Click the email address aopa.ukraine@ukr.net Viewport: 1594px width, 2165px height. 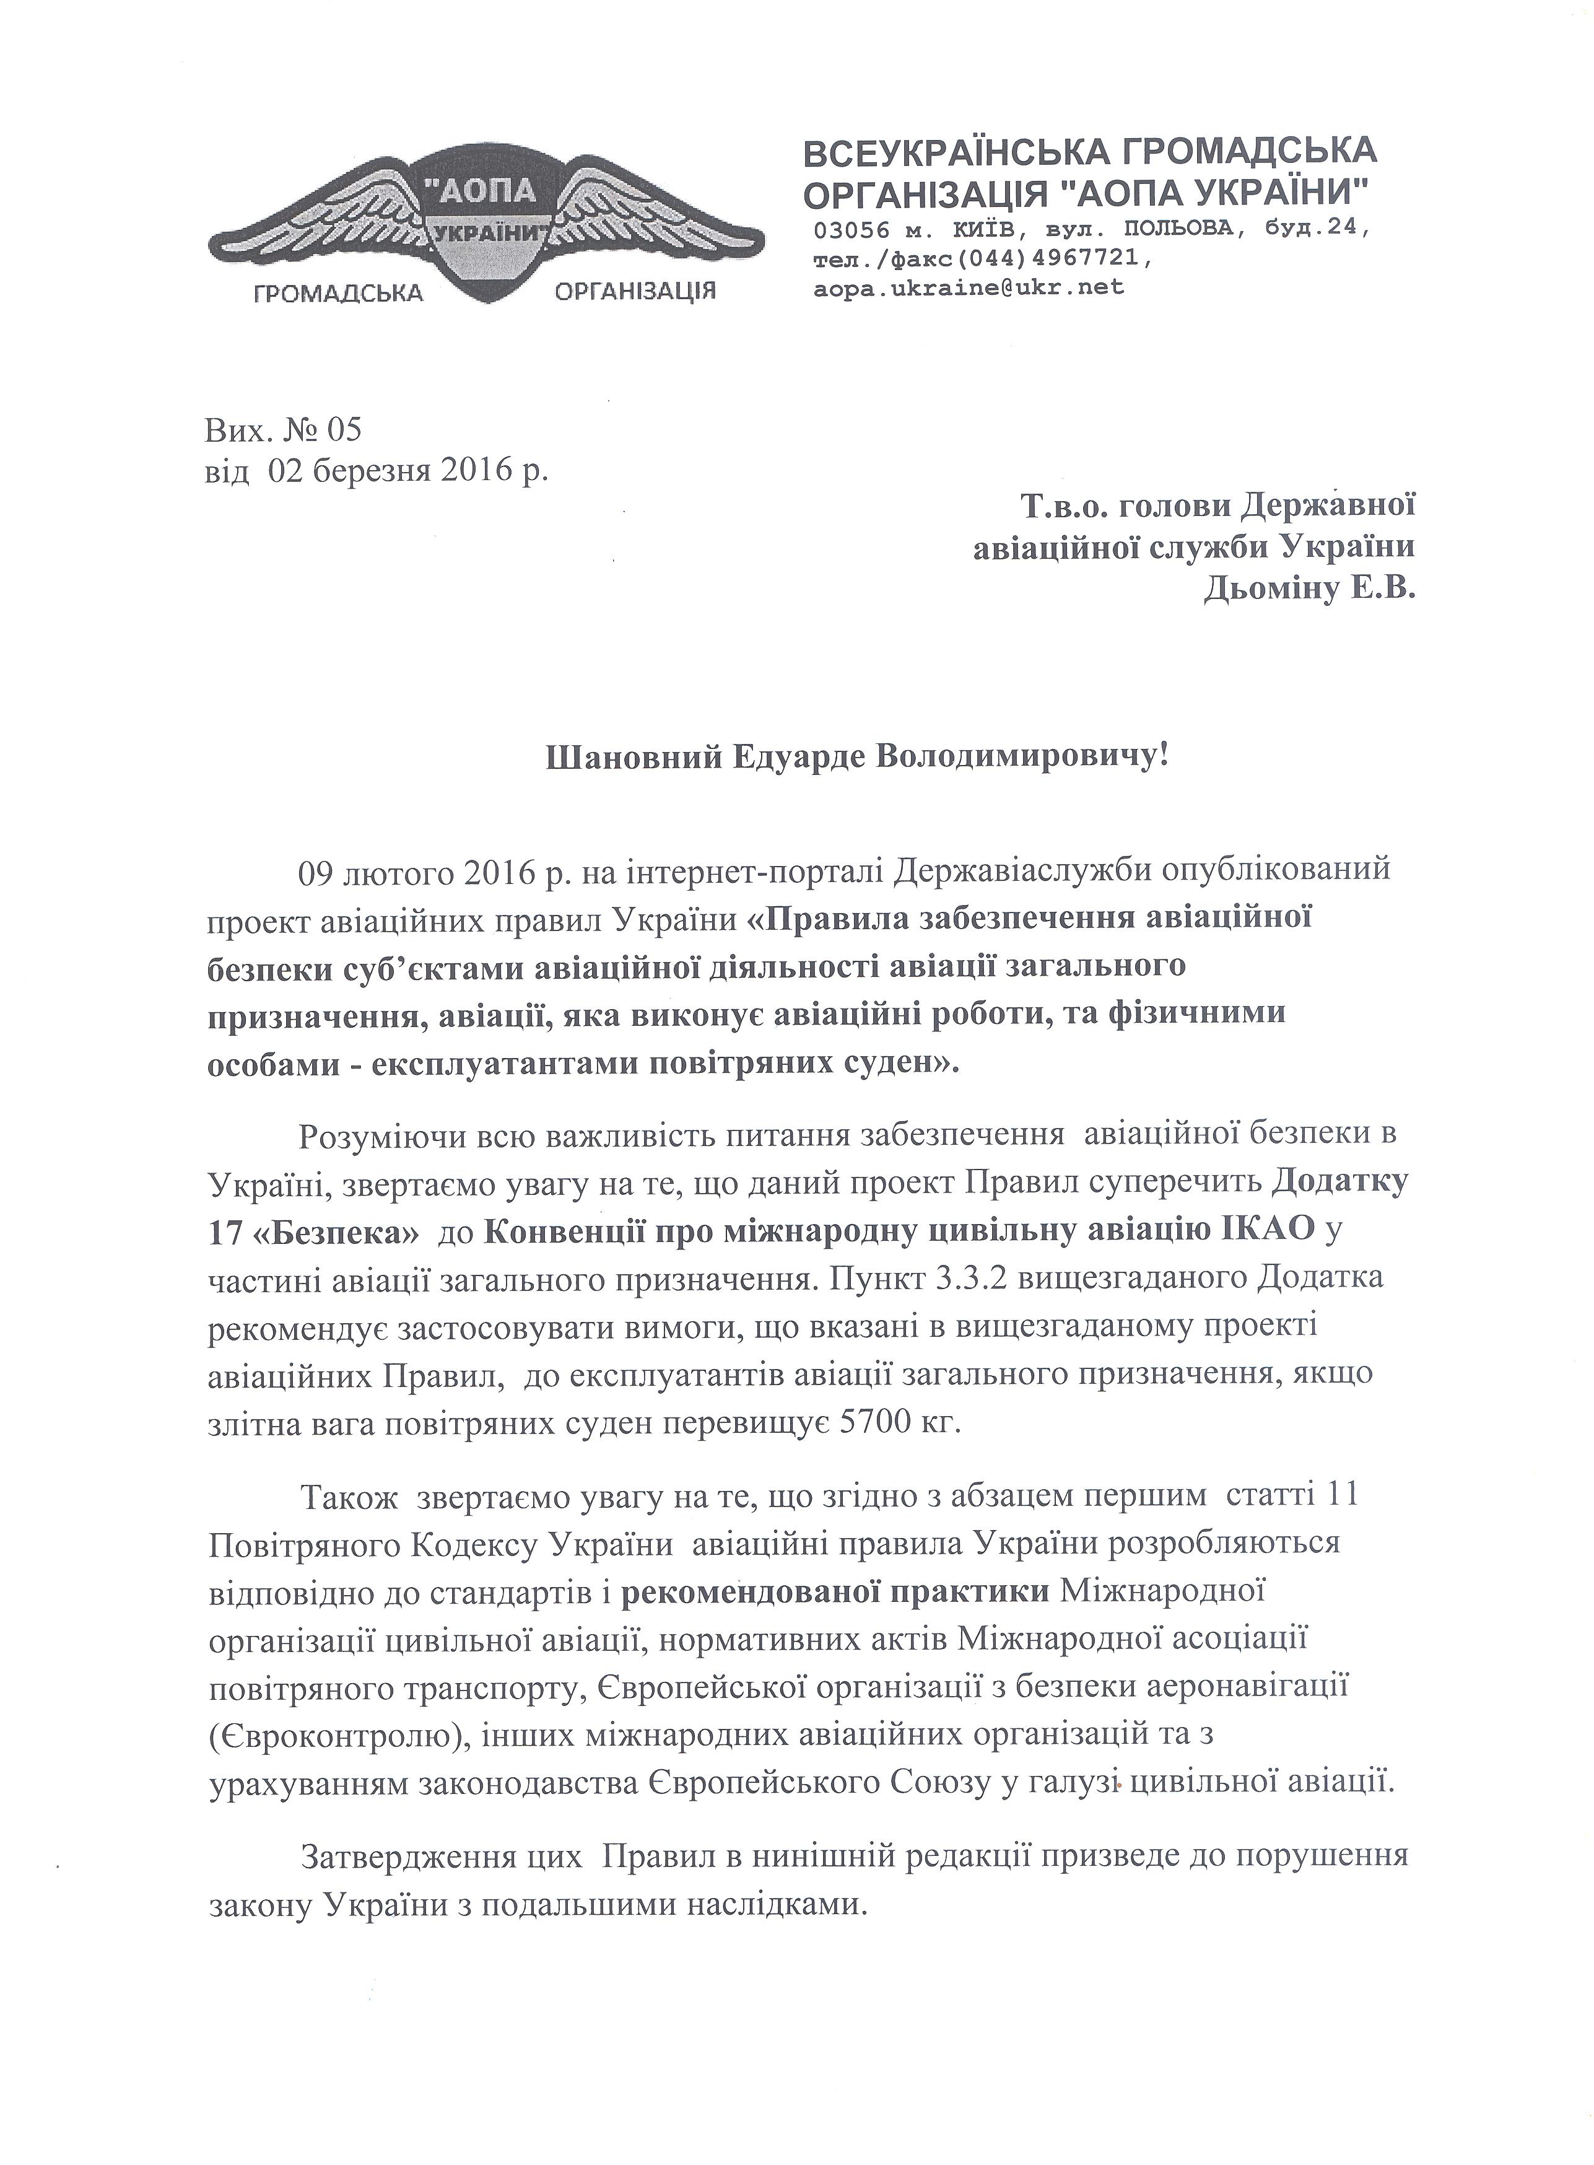[x=969, y=287]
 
